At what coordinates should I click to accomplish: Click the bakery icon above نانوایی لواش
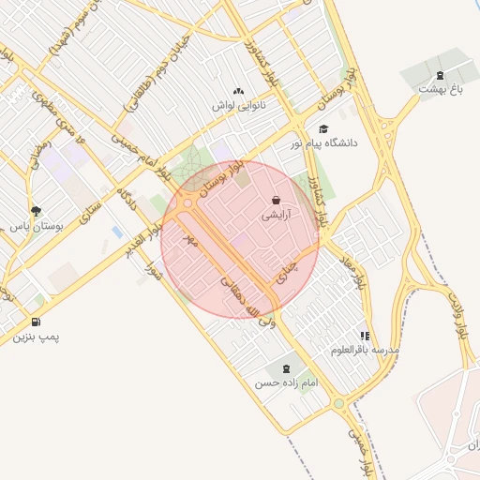pos(237,92)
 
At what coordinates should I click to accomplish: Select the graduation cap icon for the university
pos(323,129)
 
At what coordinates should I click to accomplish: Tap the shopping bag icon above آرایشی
pos(275,200)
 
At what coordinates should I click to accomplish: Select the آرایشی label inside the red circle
pos(276,215)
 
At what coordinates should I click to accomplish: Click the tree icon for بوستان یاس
pos(36,211)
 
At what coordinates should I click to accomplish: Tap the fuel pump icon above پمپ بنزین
pos(37,322)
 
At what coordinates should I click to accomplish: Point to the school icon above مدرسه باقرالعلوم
pos(365,335)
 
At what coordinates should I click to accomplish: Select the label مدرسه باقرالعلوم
pos(365,350)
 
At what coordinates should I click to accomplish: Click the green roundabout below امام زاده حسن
pos(338,403)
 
